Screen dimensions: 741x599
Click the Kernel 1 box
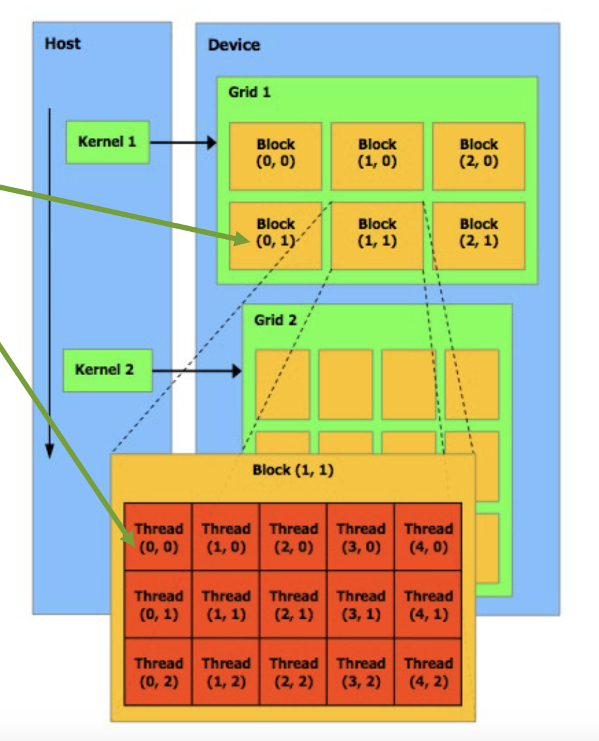point(107,142)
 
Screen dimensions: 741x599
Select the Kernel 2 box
point(107,370)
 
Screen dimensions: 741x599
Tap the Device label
point(234,45)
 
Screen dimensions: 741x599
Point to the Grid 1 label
point(249,93)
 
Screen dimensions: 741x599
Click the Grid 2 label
point(275,321)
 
